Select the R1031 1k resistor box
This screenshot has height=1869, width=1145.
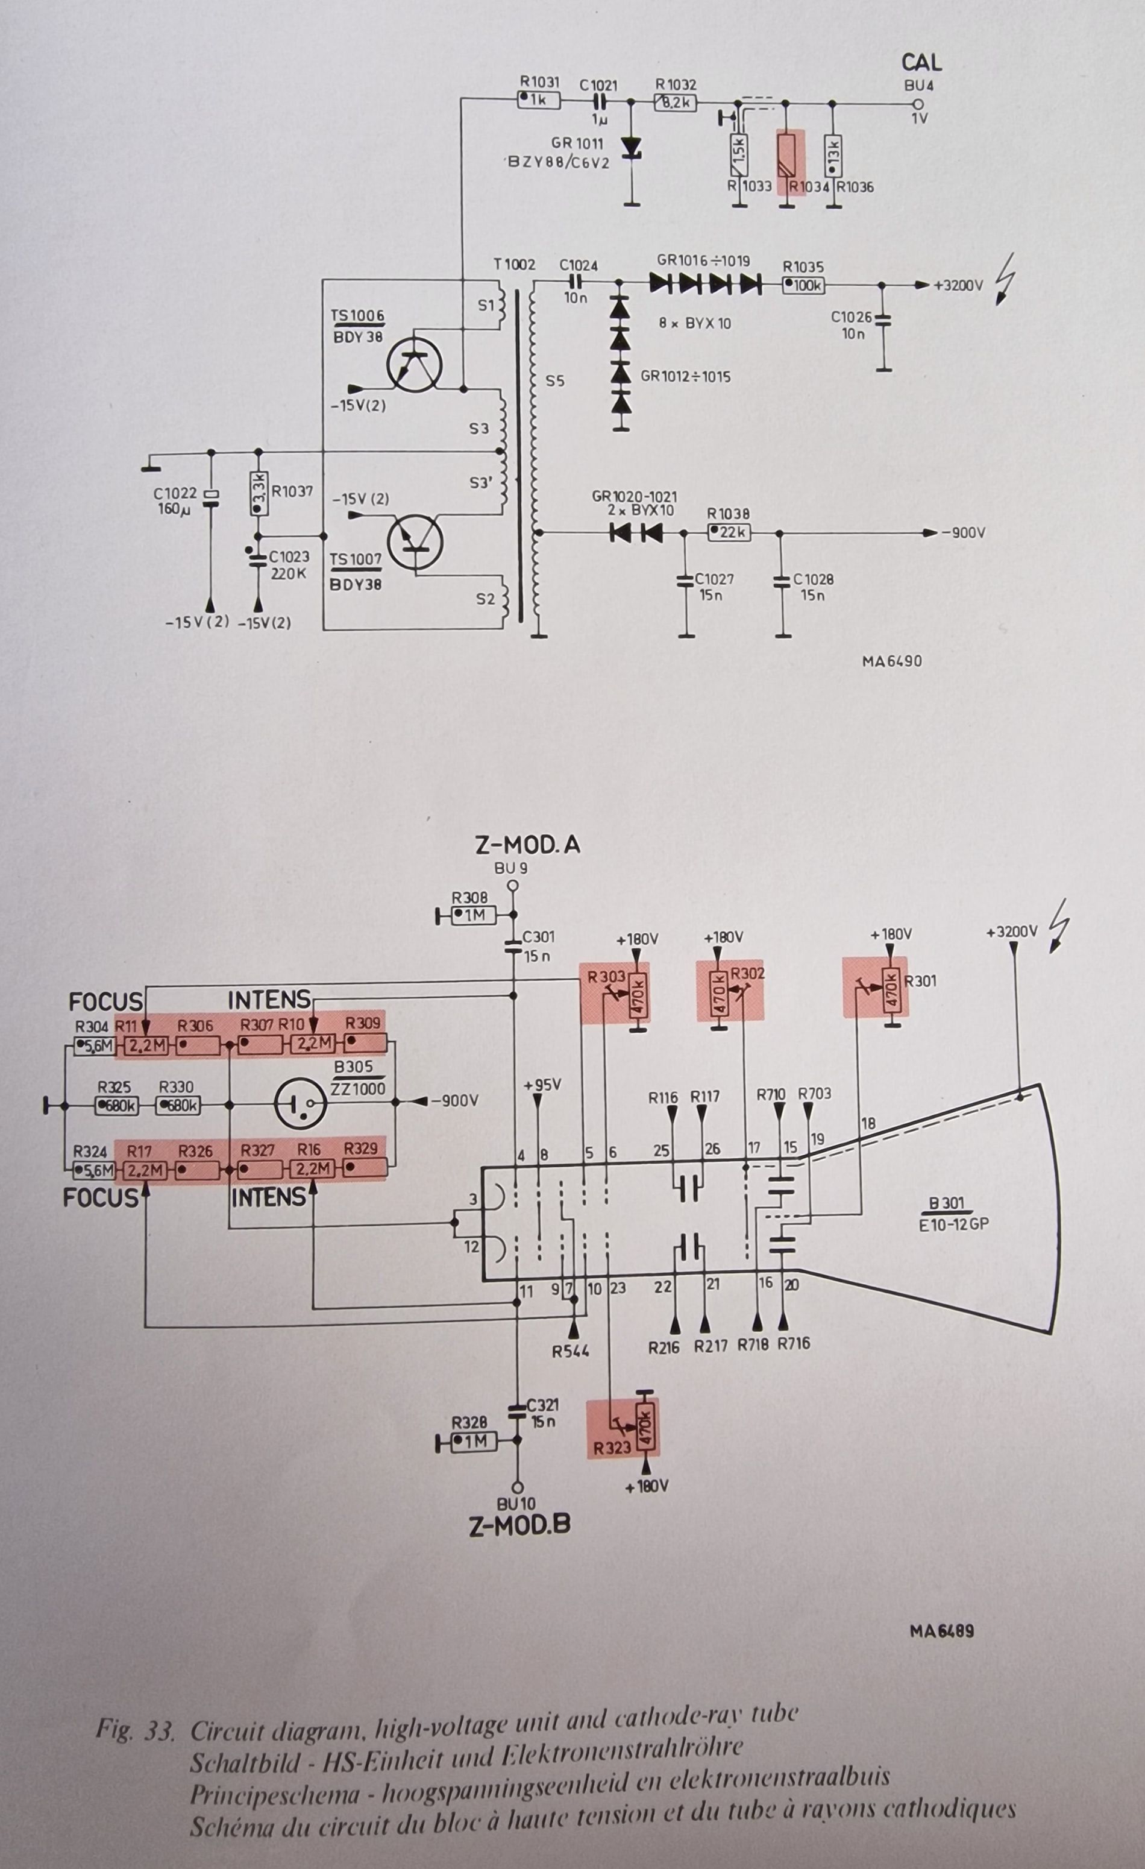point(538,99)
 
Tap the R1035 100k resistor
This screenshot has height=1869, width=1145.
point(803,286)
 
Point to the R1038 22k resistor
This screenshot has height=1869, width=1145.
point(729,533)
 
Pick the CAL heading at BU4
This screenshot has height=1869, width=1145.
point(921,62)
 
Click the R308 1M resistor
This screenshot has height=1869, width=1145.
point(473,916)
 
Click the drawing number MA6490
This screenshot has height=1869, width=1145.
point(892,661)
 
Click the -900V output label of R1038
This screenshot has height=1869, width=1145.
point(963,533)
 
